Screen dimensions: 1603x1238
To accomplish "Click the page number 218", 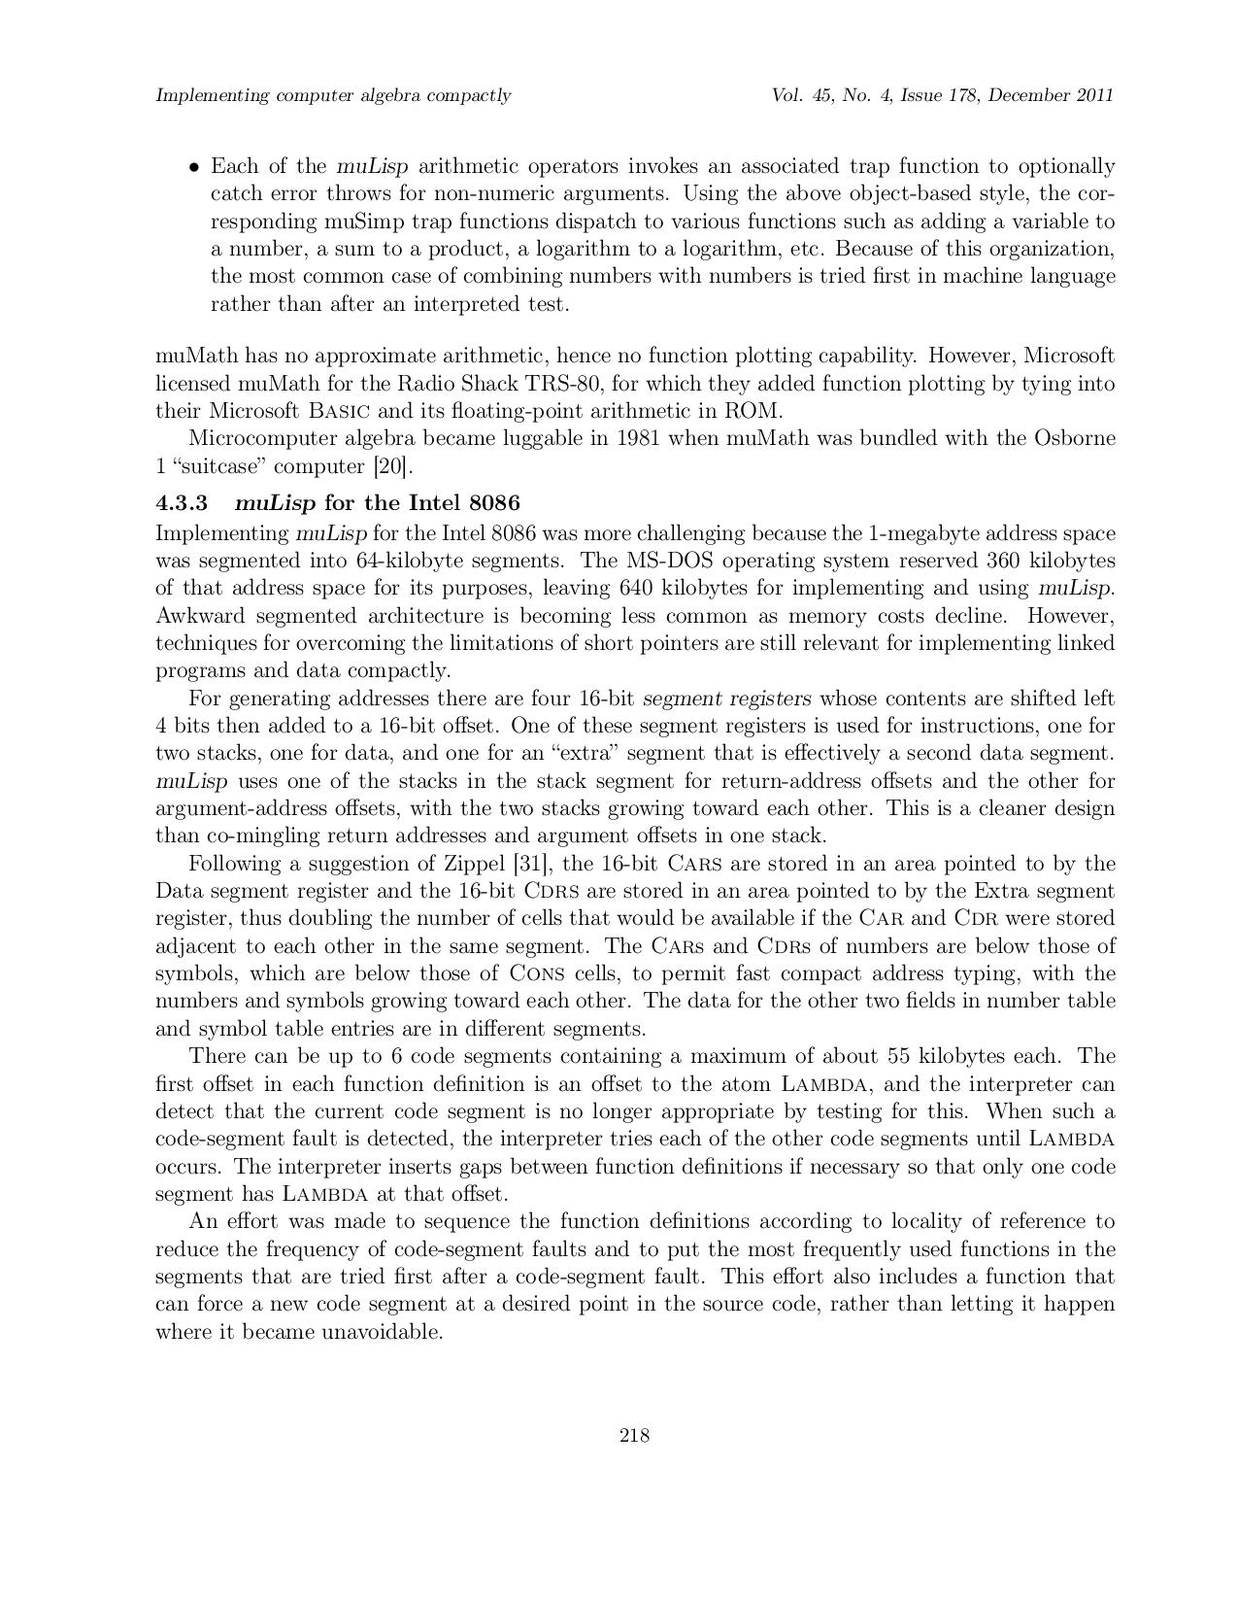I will [x=634, y=1435].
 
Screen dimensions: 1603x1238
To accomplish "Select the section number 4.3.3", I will [x=182, y=503].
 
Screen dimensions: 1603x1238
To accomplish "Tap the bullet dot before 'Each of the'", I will [x=194, y=167].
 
